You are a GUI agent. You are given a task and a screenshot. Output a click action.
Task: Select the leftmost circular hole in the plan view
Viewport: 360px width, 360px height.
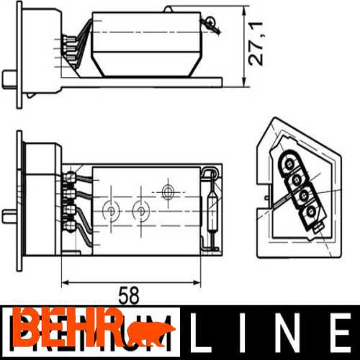(x=112, y=211)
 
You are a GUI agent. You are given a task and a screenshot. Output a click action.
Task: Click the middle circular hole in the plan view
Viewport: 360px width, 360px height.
(x=140, y=211)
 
